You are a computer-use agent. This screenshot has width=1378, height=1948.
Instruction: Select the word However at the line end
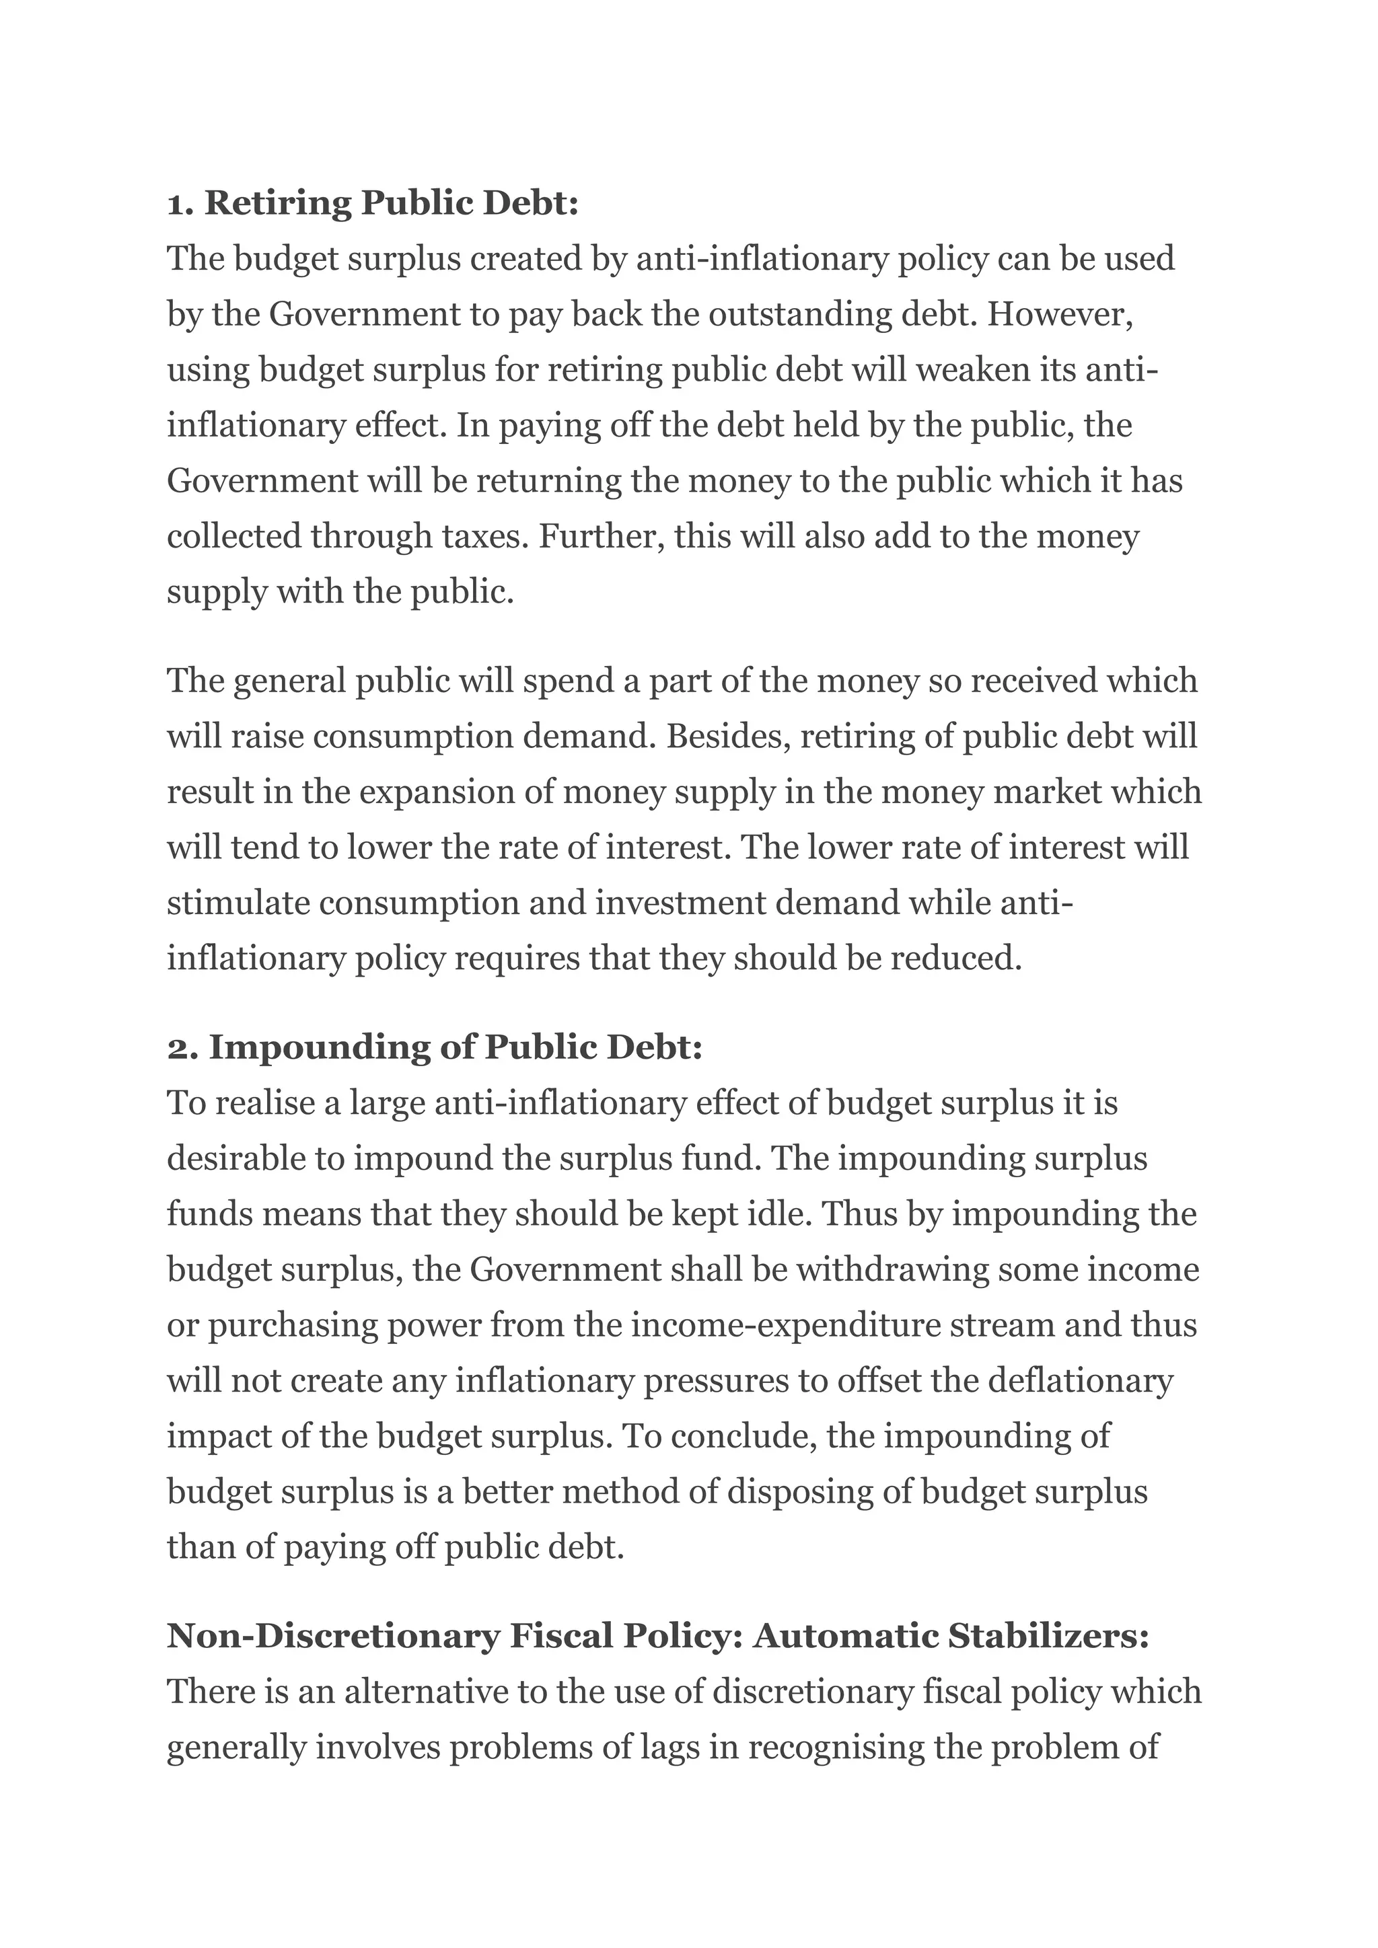click(x=1060, y=315)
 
